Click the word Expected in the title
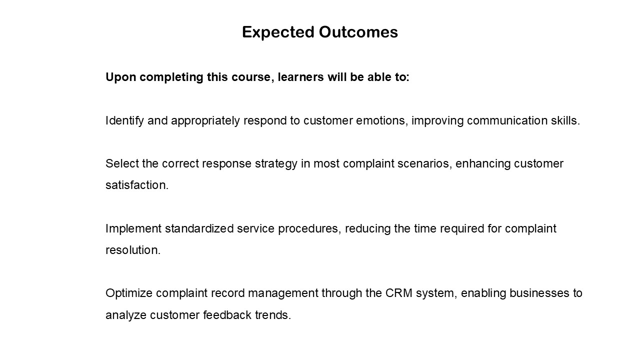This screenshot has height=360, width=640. [x=278, y=32]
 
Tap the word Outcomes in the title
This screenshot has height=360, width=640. [x=358, y=31]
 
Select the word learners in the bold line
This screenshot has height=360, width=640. [x=301, y=77]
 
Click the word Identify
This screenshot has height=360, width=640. [x=124, y=121]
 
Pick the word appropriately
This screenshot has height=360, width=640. [x=205, y=121]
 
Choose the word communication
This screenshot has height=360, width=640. [x=507, y=120]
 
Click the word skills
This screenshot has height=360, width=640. [x=565, y=120]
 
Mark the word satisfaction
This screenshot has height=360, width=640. [x=137, y=185]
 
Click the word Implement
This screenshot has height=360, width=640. [x=133, y=229]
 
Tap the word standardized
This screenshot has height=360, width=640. [x=199, y=228]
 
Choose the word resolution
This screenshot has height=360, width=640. [x=133, y=250]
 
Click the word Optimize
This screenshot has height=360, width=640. [x=129, y=293]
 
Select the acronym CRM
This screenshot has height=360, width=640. [x=399, y=293]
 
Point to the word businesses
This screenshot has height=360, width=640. [x=539, y=293]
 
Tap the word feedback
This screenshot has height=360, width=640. [x=227, y=315]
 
